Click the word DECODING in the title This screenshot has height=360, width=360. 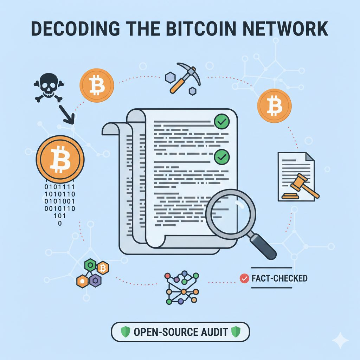pyautogui.click(x=75, y=28)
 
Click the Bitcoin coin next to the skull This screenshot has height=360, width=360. pyautogui.click(x=97, y=85)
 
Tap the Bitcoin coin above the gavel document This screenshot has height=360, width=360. pyautogui.click(x=274, y=106)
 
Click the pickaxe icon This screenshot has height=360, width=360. pyautogui.click(x=185, y=78)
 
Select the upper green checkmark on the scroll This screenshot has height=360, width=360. pyautogui.click(x=222, y=121)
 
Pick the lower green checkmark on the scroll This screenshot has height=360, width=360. pyautogui.click(x=222, y=157)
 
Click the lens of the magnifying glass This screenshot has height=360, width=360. pyautogui.click(x=231, y=214)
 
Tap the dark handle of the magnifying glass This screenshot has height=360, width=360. pyautogui.click(x=264, y=246)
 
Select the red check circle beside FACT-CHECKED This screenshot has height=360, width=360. pyautogui.click(x=244, y=278)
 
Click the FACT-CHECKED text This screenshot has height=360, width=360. pyautogui.click(x=279, y=278)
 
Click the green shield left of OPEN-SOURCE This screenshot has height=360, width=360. pyautogui.click(x=126, y=332)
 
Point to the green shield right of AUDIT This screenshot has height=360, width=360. pyautogui.click(x=236, y=332)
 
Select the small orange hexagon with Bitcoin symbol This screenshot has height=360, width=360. pyautogui.click(x=103, y=268)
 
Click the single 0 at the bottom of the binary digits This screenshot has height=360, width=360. pyautogui.click(x=60, y=223)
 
